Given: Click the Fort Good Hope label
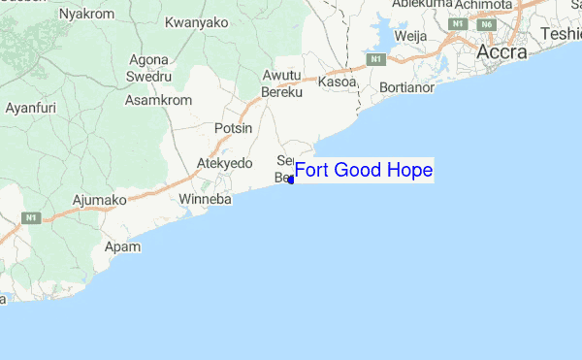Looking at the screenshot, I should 363,171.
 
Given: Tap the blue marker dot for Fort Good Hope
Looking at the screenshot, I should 291,180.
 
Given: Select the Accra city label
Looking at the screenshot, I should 502,51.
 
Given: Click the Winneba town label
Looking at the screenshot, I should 206,200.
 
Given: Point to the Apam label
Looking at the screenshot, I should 123,247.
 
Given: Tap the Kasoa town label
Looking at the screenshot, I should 338,83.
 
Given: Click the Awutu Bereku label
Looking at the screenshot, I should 282,83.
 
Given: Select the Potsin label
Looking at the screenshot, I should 233,128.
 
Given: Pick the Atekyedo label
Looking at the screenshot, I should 224,163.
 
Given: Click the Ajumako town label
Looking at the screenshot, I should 100,201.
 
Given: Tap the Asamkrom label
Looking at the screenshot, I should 154,100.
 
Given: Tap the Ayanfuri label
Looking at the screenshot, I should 30,107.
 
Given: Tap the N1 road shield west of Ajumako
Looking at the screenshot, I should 34,217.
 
